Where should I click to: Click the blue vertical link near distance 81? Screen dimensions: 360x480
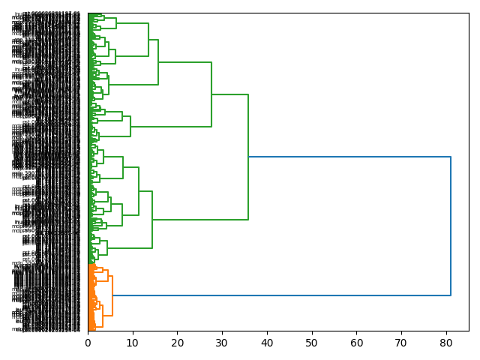click(x=451, y=225)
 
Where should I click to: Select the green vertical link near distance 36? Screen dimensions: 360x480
click(x=248, y=157)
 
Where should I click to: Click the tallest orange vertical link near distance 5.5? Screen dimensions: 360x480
click(x=112, y=295)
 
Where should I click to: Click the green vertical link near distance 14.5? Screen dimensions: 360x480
click(x=152, y=219)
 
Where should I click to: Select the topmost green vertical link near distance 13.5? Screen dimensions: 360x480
click(x=148, y=40)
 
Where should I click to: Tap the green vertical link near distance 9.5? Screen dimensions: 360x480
click(x=130, y=126)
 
